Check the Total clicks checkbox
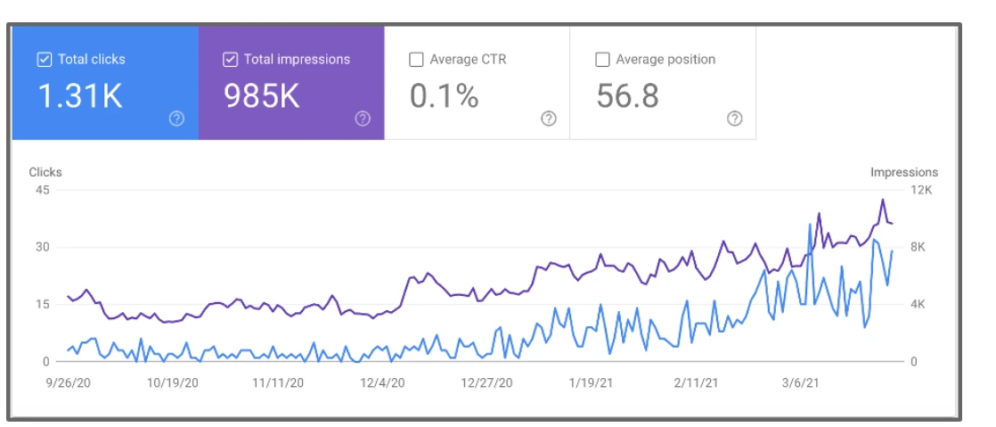pyautogui.click(x=44, y=60)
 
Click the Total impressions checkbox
pyautogui.click(x=230, y=60)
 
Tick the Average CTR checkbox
pyautogui.click(x=416, y=60)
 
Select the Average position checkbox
pyautogui.click(x=602, y=60)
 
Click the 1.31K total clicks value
pyautogui.click(x=80, y=96)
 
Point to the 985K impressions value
pyautogui.click(x=262, y=96)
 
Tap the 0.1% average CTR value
pyautogui.click(x=444, y=96)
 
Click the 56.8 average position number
pyautogui.click(x=627, y=96)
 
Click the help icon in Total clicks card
pyautogui.click(x=176, y=119)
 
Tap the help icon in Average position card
pyautogui.click(x=734, y=119)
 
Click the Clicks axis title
pyautogui.click(x=45, y=172)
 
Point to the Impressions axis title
pyautogui.click(x=903, y=172)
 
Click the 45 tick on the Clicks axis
pyautogui.click(x=42, y=191)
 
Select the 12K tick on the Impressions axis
pyautogui.click(x=920, y=191)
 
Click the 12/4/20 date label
pyautogui.click(x=381, y=382)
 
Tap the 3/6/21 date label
pyautogui.click(x=801, y=382)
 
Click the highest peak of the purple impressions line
pyautogui.click(x=882, y=200)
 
